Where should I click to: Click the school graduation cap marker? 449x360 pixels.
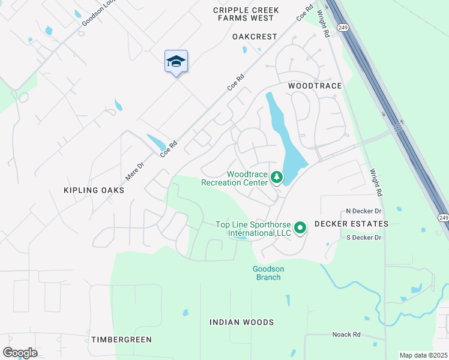tap(176, 61)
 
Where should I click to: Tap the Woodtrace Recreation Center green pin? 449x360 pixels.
tap(276, 177)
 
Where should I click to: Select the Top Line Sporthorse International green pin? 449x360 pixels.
tap(301, 227)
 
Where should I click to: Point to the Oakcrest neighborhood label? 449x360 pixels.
tap(255, 37)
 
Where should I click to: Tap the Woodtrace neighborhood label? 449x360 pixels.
tap(315, 86)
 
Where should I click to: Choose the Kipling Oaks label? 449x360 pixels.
tap(94, 190)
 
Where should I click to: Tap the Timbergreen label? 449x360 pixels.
tap(121, 340)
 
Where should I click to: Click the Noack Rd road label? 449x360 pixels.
tap(346, 334)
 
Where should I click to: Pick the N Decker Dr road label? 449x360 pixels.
tap(364, 211)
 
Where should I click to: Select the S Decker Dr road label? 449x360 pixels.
tap(364, 238)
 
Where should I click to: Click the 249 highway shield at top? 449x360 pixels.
tap(343, 28)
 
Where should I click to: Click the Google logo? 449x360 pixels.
tap(20, 353)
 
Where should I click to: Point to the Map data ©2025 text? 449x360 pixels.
tap(423, 355)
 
